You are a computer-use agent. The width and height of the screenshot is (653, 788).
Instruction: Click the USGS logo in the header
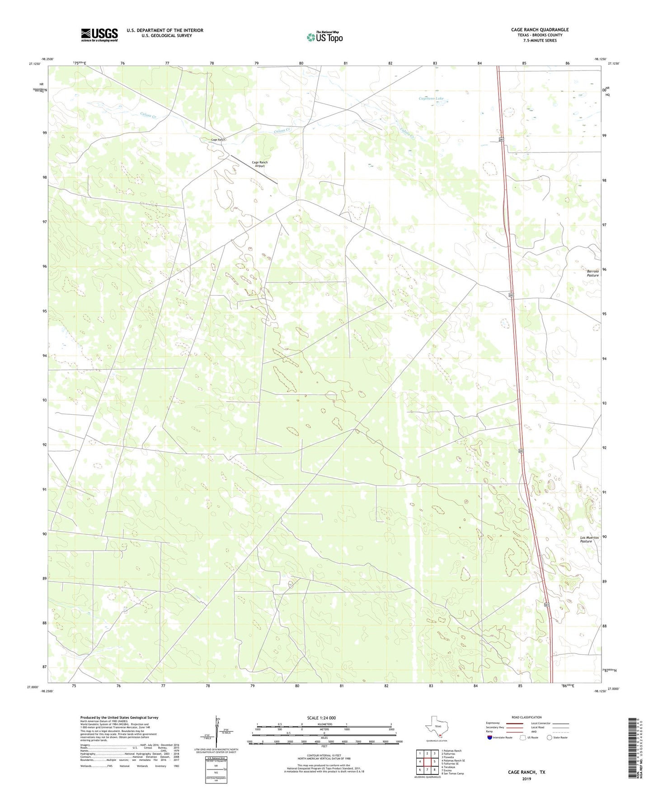pyautogui.click(x=99, y=35)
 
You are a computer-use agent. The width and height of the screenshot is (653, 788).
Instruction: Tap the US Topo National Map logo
pyautogui.click(x=324, y=37)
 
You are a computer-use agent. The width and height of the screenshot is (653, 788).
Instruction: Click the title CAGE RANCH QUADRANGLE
pyautogui.click(x=540, y=30)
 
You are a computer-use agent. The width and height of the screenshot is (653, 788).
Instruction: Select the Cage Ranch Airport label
pyautogui.click(x=259, y=164)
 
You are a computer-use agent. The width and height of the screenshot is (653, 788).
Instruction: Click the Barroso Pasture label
pyautogui.click(x=592, y=273)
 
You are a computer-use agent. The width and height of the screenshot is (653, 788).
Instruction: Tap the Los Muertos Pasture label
pyautogui.click(x=589, y=539)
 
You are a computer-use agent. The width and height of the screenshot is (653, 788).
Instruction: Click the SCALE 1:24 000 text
pyautogui.click(x=321, y=718)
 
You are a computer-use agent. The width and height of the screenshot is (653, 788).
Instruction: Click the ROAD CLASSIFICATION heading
pyautogui.click(x=526, y=717)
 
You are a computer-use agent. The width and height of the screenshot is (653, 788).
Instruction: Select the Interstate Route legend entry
pyautogui.click(x=499, y=737)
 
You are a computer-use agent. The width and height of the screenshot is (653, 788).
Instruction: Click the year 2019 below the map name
pyautogui.click(x=526, y=779)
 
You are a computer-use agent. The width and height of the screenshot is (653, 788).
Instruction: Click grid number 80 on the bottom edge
pyautogui.click(x=297, y=686)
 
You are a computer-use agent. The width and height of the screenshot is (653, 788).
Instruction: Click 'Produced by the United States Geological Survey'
pyautogui.click(x=119, y=717)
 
